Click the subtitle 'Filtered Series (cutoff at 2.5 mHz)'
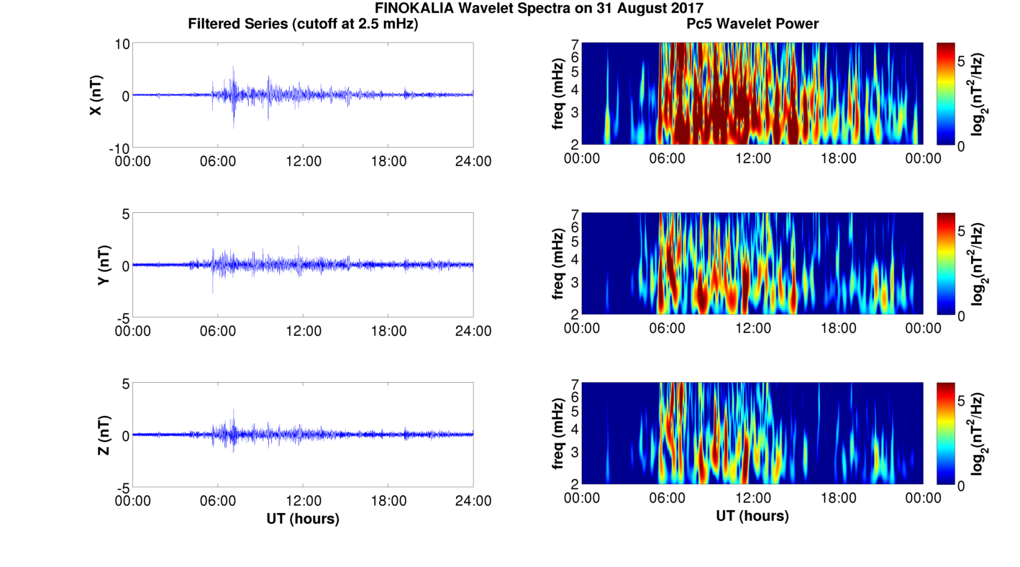click(x=303, y=24)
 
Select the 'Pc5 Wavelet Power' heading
click(x=752, y=24)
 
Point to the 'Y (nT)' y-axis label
click(x=104, y=265)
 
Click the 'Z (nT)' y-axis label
click(x=104, y=435)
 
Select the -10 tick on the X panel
click(x=118, y=148)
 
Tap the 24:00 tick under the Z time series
click(x=473, y=500)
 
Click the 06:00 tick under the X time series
click(x=218, y=160)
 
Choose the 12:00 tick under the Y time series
click(x=303, y=330)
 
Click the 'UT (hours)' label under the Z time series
click(x=303, y=518)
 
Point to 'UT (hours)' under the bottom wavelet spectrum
click(x=752, y=516)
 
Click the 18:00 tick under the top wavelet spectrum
click(x=838, y=158)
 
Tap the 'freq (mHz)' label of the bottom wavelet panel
click(x=558, y=434)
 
